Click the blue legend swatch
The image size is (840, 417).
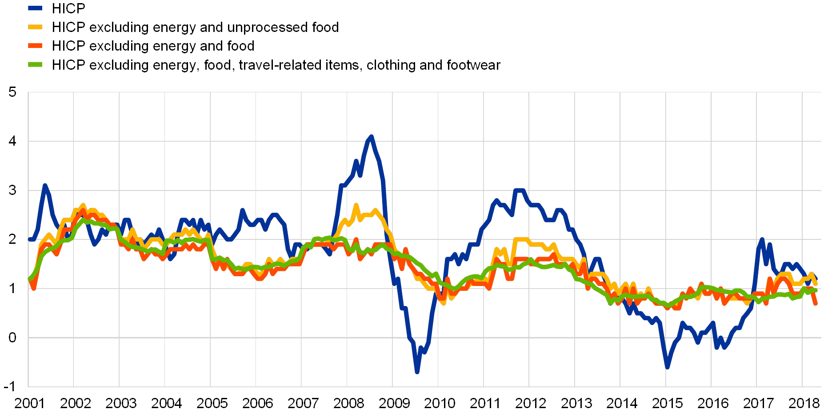(x=35, y=8)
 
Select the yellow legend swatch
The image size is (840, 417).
(x=35, y=27)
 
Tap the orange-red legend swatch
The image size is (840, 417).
(x=35, y=46)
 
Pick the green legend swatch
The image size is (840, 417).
(x=35, y=65)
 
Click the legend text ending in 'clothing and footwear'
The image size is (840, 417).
(x=283, y=65)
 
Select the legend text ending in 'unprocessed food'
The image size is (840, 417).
(x=201, y=27)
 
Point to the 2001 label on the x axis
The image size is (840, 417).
(x=29, y=403)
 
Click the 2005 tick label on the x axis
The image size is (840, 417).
(x=212, y=403)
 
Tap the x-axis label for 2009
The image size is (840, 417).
(x=394, y=403)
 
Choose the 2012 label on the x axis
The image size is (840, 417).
(x=530, y=403)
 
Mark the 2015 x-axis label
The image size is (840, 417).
(x=667, y=403)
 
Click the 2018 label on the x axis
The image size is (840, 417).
(x=804, y=403)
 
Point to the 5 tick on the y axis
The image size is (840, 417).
(x=12, y=92)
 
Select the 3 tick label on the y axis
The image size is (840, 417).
(x=12, y=190)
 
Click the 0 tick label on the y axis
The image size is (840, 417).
(x=12, y=338)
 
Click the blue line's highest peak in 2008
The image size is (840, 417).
(x=371, y=136)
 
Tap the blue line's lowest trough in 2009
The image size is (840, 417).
(x=417, y=372)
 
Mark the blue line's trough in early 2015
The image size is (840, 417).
(x=667, y=367)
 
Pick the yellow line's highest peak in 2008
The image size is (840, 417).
(x=356, y=205)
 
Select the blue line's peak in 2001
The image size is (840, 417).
(x=44, y=185)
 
